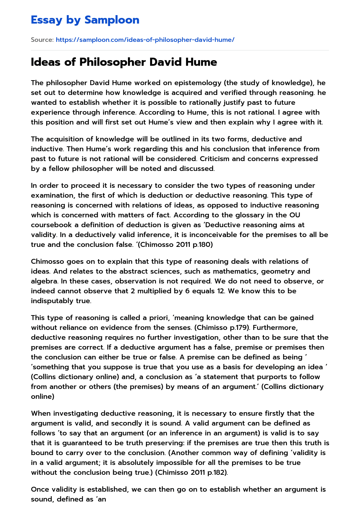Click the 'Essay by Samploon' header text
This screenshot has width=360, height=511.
[x=85, y=20]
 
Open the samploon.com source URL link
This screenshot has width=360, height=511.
[x=145, y=40]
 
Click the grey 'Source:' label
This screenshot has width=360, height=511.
[x=42, y=40]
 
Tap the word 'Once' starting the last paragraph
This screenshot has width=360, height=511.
[x=40, y=489]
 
